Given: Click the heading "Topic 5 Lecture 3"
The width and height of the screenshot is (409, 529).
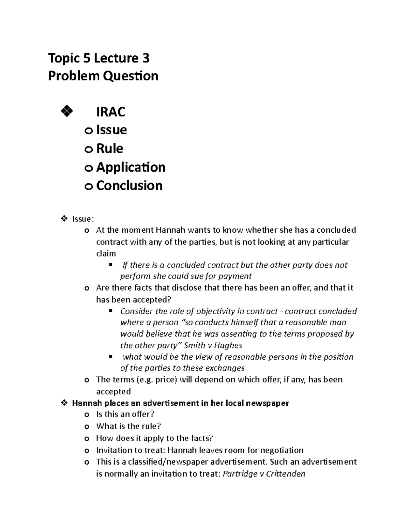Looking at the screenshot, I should [99, 59].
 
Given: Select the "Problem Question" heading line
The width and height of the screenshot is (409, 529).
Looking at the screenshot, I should [103, 76].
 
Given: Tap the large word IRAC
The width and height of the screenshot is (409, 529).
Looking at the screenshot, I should [111, 112].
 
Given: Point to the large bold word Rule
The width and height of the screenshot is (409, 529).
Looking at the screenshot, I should [109, 149].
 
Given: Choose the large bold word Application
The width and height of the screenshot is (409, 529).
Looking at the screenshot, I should [131, 167].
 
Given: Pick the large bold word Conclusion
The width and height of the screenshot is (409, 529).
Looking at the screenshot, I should [129, 186].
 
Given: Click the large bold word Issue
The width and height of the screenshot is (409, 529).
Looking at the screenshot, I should [111, 130].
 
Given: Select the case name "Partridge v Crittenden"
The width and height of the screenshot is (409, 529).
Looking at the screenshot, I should [263, 474].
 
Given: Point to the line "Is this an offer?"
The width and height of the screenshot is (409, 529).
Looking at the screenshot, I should [125, 415].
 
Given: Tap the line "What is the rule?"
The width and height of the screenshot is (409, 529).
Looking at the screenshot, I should [128, 426].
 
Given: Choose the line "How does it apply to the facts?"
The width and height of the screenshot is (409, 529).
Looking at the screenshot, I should [154, 438].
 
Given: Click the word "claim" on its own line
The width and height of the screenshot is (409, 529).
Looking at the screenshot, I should [106, 253].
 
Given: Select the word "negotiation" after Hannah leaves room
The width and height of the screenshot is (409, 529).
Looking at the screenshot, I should [282, 450].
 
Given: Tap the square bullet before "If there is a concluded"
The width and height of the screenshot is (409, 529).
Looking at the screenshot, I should [111, 265].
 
